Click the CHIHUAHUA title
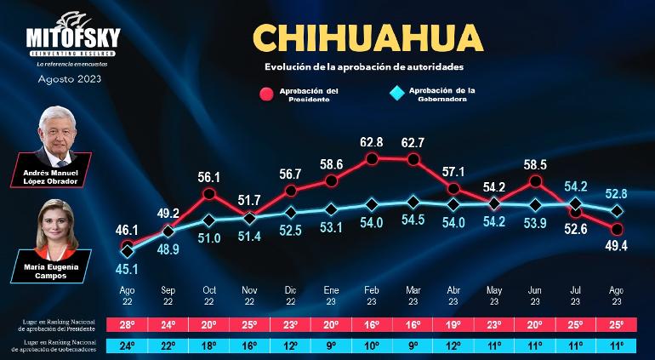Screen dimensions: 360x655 click(367, 39)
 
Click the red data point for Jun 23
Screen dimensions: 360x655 click(535, 181)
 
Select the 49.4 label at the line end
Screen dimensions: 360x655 click(617, 246)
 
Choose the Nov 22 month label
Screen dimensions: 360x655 click(248, 294)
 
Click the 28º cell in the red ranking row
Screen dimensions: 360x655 click(128, 324)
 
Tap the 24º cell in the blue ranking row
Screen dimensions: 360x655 click(128, 344)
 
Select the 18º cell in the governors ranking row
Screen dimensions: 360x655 click(208, 344)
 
